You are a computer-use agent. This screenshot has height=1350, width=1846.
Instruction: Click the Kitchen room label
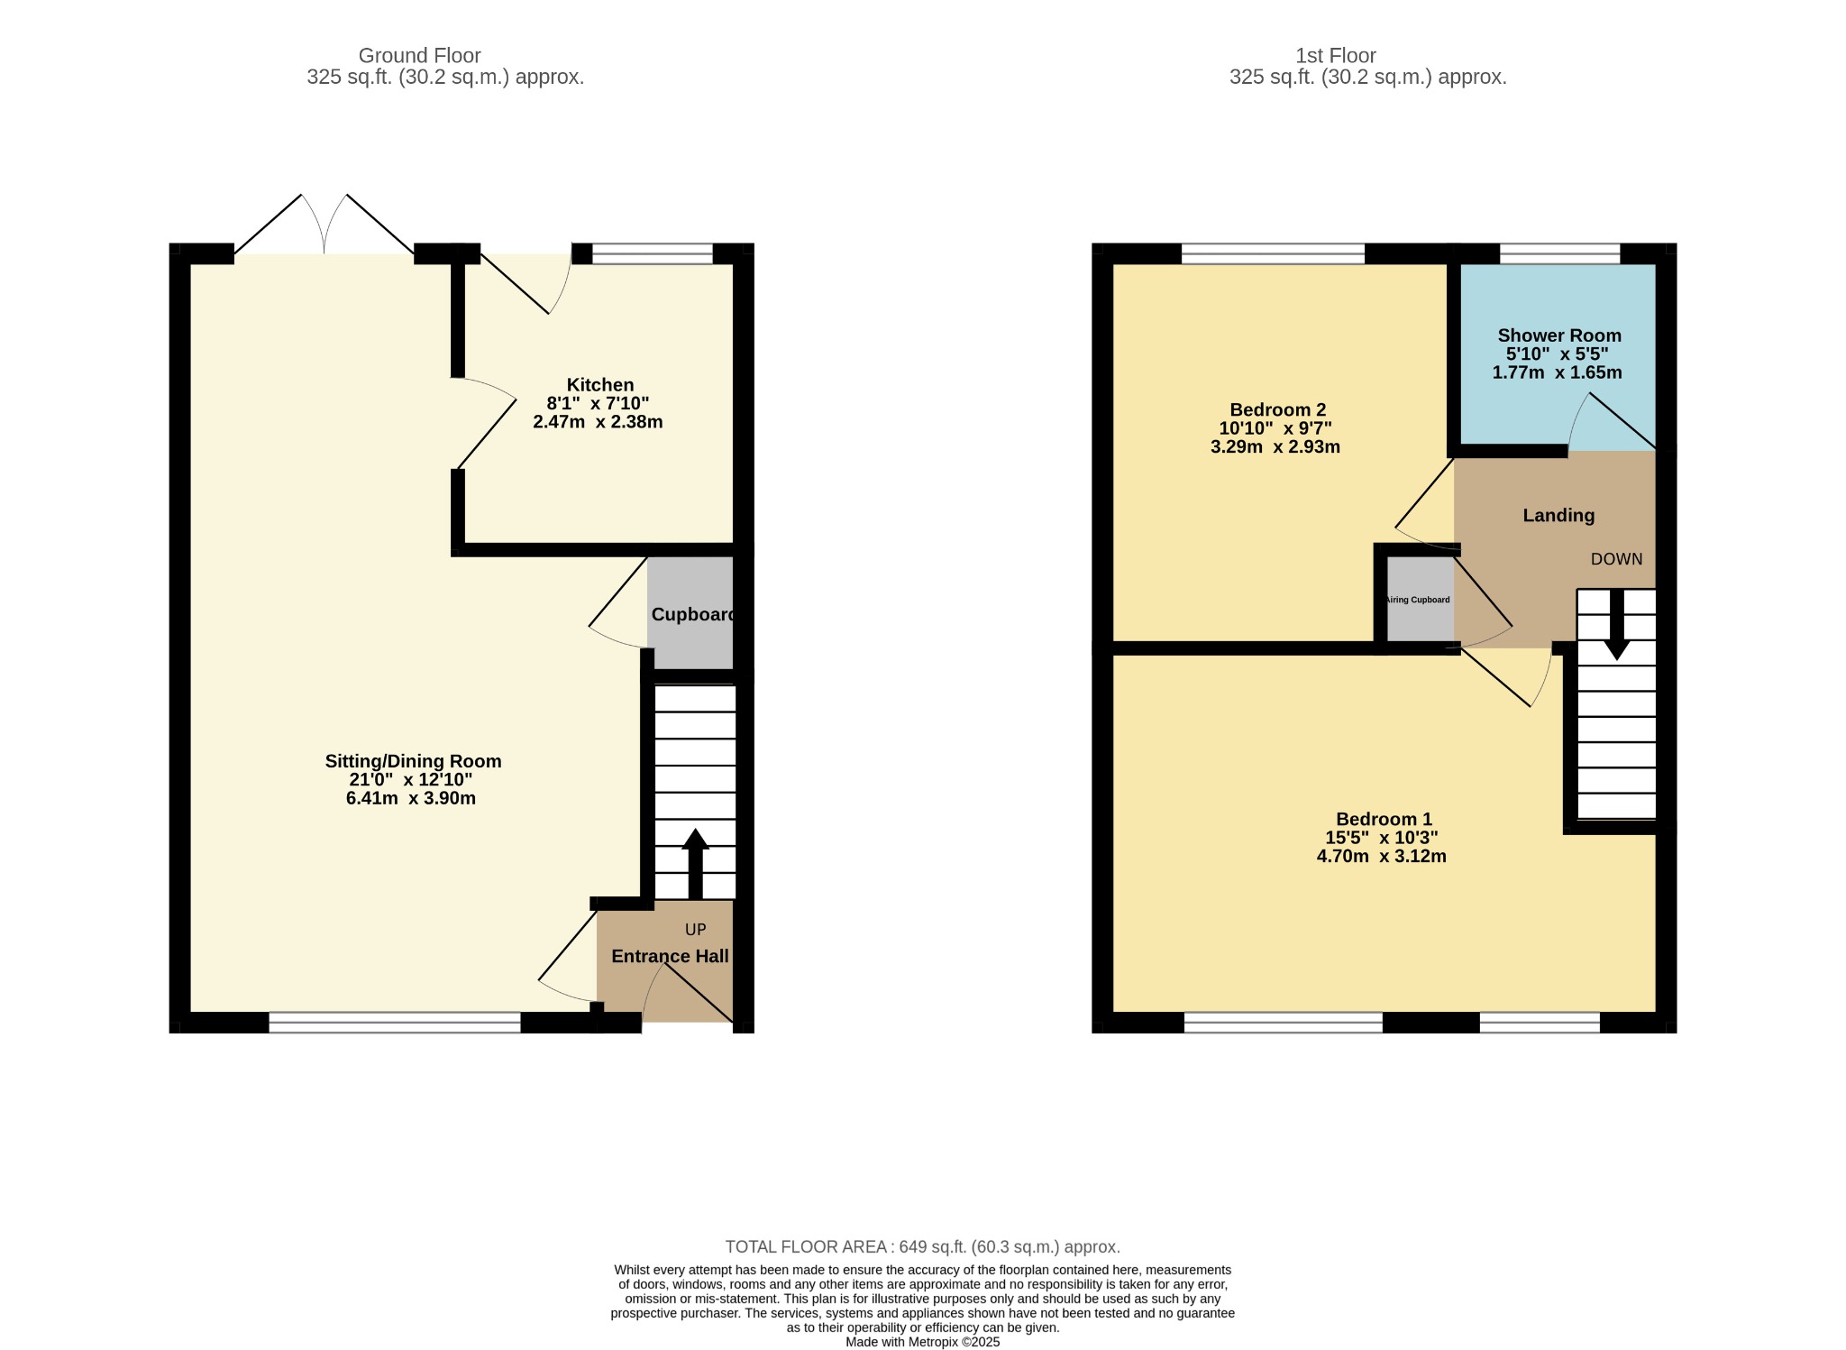pyautogui.click(x=600, y=385)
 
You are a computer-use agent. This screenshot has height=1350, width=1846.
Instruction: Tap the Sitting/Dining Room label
pyautogui.click(x=413, y=761)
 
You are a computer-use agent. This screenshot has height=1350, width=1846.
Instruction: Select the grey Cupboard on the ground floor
pyautogui.click(x=690, y=613)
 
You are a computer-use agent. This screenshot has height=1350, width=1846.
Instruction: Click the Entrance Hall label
pyautogui.click(x=670, y=956)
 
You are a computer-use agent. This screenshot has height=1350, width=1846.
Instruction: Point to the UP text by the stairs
pyautogui.click(x=696, y=930)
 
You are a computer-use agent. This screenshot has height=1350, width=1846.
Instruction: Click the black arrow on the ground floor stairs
pyautogui.click(x=695, y=864)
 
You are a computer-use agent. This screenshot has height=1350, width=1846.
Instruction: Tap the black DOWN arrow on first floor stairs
pyautogui.click(x=1617, y=625)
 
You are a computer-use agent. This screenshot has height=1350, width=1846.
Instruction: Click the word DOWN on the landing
pyautogui.click(x=1617, y=559)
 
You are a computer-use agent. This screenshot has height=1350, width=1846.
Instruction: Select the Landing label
pyautogui.click(x=1558, y=515)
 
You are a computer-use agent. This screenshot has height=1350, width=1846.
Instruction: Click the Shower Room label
pyautogui.click(x=1559, y=335)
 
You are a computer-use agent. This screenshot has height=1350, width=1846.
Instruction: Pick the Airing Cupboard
pyautogui.click(x=1420, y=600)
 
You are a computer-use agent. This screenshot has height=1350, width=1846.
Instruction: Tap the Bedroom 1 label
pyautogui.click(x=1384, y=819)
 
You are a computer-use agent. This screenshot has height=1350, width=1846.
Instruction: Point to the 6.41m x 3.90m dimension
pyautogui.click(x=411, y=798)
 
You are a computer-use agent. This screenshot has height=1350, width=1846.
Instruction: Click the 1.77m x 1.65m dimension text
pyautogui.click(x=1557, y=372)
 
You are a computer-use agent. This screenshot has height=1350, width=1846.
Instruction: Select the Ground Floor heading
pyautogui.click(x=420, y=56)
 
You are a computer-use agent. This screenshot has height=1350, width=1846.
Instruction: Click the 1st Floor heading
pyautogui.click(x=1336, y=56)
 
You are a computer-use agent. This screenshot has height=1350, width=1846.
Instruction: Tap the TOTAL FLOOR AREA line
pyautogui.click(x=923, y=1247)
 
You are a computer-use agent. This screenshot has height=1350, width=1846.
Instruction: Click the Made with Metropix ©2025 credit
pyautogui.click(x=923, y=1342)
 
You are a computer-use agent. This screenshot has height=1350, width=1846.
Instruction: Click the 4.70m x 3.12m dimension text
pyautogui.click(x=1382, y=856)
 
